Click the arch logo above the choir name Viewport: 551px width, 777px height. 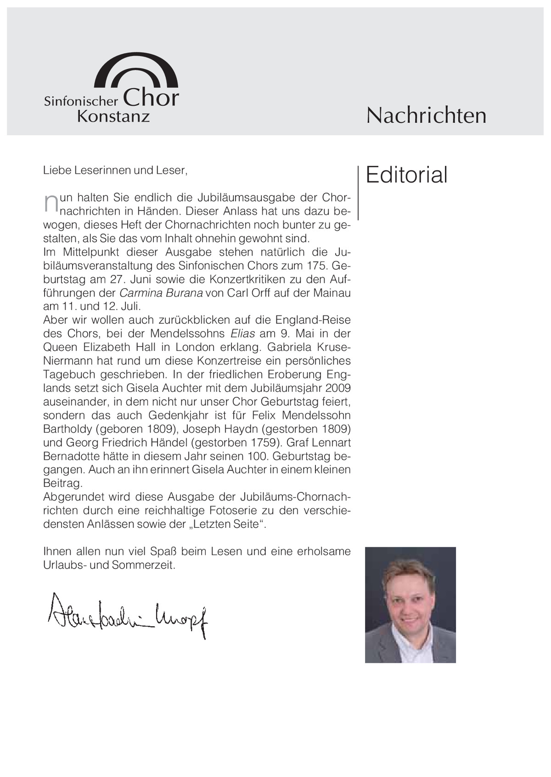(136, 69)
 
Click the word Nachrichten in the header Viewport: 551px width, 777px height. (426, 115)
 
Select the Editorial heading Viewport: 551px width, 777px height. (406, 175)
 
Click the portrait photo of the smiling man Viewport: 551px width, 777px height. (410, 605)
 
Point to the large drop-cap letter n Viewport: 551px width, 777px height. (51, 204)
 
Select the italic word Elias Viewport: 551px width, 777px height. (243, 333)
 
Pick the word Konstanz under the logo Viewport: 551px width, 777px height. (113, 116)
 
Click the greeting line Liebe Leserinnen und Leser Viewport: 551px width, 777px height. (115, 171)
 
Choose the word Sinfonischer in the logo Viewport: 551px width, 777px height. (81, 101)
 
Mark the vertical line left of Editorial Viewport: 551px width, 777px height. (358, 193)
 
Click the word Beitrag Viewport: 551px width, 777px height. (62, 484)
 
